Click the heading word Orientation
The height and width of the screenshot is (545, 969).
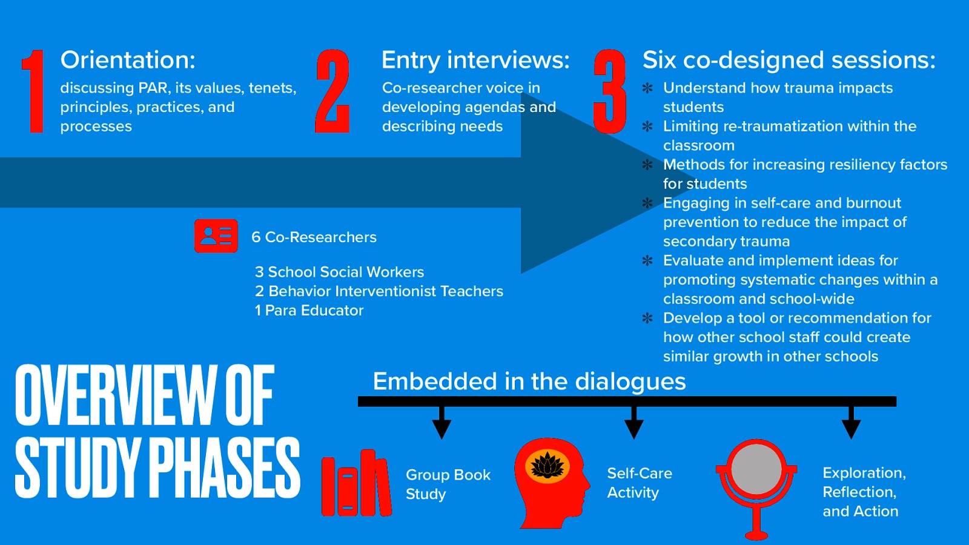pos(127,60)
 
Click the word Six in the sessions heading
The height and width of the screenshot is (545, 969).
pos(659,60)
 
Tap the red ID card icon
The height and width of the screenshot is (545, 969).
pos(216,236)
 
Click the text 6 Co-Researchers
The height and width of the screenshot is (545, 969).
pos(314,237)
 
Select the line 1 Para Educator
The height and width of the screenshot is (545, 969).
pos(309,311)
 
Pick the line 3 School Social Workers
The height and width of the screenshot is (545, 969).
pos(339,272)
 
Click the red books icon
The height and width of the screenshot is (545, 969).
pos(356,483)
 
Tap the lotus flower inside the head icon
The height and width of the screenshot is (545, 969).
pos(547,466)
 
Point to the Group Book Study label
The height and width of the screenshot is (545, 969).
pos(448,484)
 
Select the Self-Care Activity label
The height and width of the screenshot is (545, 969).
pos(639,483)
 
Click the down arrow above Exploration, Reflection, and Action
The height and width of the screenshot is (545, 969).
pos(851,424)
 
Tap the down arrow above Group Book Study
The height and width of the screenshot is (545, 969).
pos(442,424)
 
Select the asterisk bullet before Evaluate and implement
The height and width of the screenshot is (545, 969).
pos(647,260)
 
